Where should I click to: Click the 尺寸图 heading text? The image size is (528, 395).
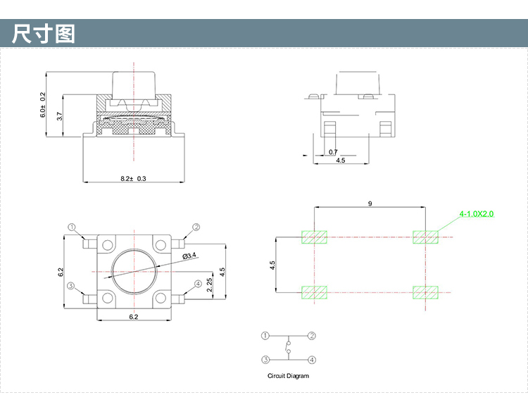click(x=44, y=33)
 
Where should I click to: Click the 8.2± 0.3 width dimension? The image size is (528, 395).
click(x=133, y=179)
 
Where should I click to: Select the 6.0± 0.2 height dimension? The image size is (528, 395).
click(x=43, y=104)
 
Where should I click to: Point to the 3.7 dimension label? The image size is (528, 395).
click(x=60, y=116)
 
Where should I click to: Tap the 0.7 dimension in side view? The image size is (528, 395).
click(x=332, y=151)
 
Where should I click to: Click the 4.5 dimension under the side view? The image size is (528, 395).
click(x=341, y=161)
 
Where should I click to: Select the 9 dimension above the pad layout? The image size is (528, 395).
click(x=370, y=203)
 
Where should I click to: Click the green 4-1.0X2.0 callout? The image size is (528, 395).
click(x=477, y=212)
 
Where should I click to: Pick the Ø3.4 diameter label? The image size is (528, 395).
click(x=189, y=256)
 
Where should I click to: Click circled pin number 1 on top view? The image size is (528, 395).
click(x=71, y=227)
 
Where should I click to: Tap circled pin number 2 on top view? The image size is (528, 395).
click(x=196, y=227)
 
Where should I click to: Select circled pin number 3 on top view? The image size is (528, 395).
click(x=70, y=286)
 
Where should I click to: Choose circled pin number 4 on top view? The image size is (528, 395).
click(x=198, y=284)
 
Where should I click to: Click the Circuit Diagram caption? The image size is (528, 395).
click(x=288, y=376)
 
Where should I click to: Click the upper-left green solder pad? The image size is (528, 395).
click(x=315, y=237)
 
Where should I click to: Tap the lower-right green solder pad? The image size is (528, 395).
click(x=425, y=291)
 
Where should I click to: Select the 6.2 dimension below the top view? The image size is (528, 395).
click(x=133, y=317)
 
